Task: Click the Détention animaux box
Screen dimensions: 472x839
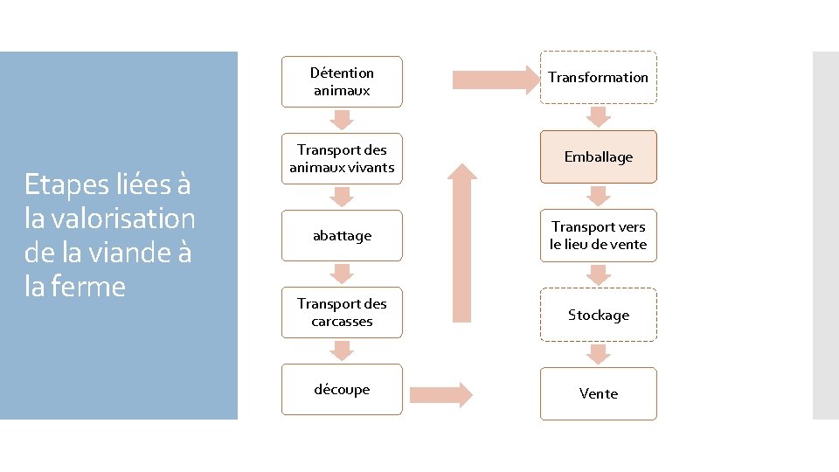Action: (x=342, y=82)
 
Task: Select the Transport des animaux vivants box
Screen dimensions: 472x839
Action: (x=342, y=158)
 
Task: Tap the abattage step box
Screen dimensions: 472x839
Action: (x=342, y=236)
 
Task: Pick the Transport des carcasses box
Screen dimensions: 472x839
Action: (x=342, y=312)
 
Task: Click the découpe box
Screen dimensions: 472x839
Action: (x=342, y=389)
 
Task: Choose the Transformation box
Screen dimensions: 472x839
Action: (x=598, y=78)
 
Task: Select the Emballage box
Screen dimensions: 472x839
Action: (x=598, y=156)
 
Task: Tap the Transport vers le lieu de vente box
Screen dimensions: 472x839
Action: (x=598, y=236)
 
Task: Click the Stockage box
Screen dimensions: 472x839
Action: (x=598, y=315)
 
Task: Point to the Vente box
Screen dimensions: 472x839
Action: (x=598, y=393)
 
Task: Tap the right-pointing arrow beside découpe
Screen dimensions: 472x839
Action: (x=440, y=394)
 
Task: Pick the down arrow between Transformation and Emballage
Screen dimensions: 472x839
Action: (x=599, y=116)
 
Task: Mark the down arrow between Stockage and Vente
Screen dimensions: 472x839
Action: (x=599, y=354)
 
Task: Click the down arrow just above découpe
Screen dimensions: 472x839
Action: (x=342, y=351)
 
